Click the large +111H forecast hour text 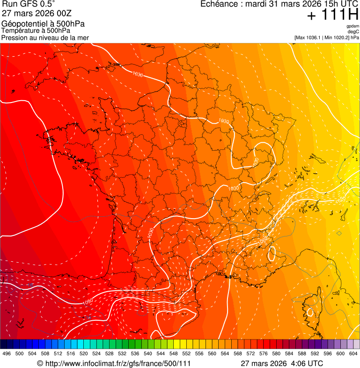332,15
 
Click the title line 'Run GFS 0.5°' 29,5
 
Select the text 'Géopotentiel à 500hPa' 44,24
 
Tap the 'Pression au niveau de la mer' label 45,37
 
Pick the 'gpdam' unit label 353,26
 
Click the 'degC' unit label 353,32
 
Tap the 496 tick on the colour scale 7,354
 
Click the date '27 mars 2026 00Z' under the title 37,14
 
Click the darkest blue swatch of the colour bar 4,344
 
